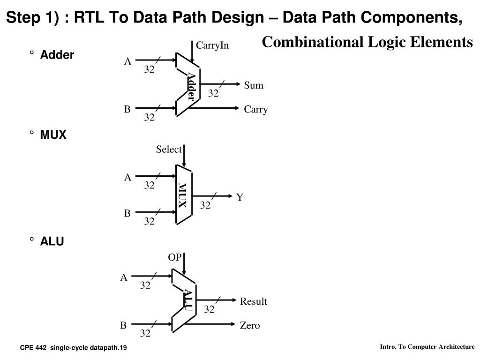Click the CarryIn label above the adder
(212, 45)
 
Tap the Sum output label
(254, 85)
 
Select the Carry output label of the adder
(255, 110)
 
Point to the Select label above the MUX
(169, 150)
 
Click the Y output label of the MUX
(240, 197)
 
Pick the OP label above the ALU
(174, 257)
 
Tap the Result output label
(253, 301)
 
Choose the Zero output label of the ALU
(250, 325)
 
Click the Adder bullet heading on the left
(57, 55)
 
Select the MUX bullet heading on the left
(53, 135)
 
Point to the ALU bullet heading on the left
(52, 241)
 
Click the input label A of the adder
(127, 61)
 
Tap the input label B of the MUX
(127, 213)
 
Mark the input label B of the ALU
(123, 325)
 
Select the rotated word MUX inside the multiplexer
(182, 195)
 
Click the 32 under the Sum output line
(213, 94)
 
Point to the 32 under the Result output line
(209, 309)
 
